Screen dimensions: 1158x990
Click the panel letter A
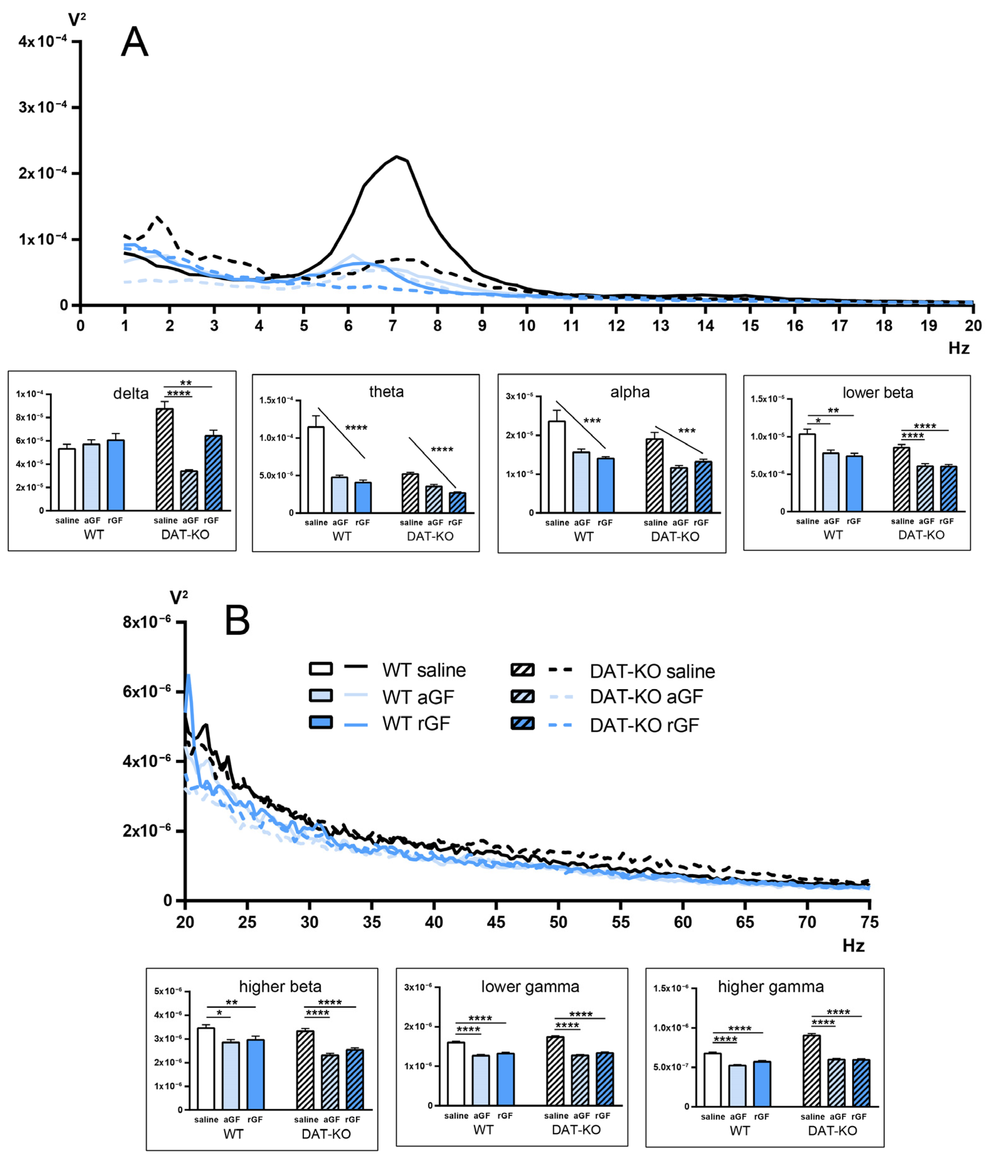(x=135, y=43)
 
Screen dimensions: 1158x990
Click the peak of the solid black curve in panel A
(x=397, y=156)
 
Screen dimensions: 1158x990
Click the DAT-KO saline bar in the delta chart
(x=165, y=459)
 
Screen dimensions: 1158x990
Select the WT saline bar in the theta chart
(x=316, y=469)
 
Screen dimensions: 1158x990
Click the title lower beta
(x=877, y=393)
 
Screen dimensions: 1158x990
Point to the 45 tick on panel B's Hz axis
(x=496, y=922)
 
